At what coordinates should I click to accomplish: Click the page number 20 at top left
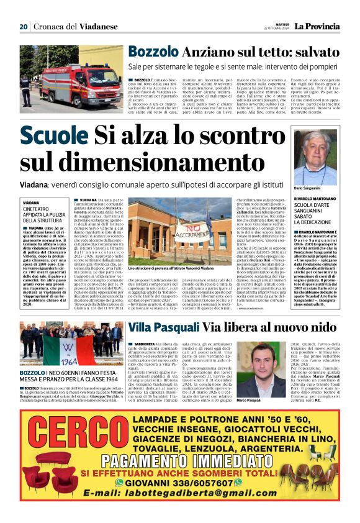(x=24, y=27)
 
